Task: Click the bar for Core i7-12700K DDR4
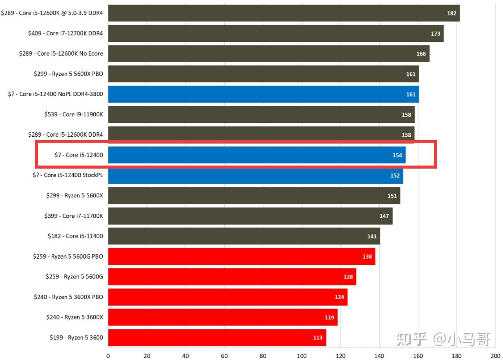pyautogui.click(x=276, y=33)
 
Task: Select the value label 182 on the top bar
pyautogui.click(x=452, y=13)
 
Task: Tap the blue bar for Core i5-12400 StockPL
pyautogui.click(x=255, y=175)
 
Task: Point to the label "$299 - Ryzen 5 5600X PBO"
pyautogui.click(x=68, y=74)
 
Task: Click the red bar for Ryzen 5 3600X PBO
pyautogui.click(x=227, y=297)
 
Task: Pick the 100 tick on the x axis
pyautogui.click(x=302, y=356)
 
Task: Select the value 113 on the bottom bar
pyautogui.click(x=318, y=338)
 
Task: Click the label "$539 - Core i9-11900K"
pyautogui.click(x=73, y=114)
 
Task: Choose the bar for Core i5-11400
pyautogui.click(x=244, y=236)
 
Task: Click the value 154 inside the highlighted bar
pyautogui.click(x=397, y=155)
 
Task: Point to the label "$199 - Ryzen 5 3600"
pyautogui.click(x=76, y=337)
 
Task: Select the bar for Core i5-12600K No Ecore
pyautogui.click(x=268, y=54)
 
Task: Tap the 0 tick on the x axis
pyautogui.click(x=108, y=356)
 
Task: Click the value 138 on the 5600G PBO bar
pyautogui.click(x=367, y=257)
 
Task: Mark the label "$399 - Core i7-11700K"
pyautogui.click(x=73, y=216)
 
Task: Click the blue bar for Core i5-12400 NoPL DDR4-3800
pyautogui.click(x=263, y=94)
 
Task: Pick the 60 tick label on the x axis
pyautogui.click(x=224, y=356)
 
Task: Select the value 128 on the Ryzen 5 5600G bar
pyautogui.click(x=348, y=277)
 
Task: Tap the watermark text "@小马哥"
pyautogui.click(x=462, y=340)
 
